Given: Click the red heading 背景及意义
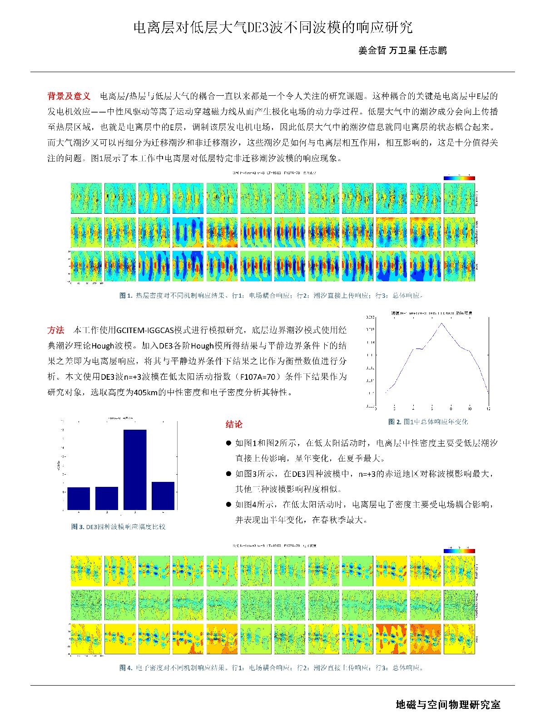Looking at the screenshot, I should coord(69,96).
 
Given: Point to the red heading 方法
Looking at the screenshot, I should coord(56,330).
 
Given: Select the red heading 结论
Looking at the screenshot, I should coord(234,424).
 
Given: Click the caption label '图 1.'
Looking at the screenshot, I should coord(126,295).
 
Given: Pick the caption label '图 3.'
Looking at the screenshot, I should coord(77,527).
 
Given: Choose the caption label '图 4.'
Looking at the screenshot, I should coord(126,667).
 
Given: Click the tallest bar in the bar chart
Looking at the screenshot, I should coord(135,470).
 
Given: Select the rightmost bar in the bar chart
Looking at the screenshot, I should coord(163,495).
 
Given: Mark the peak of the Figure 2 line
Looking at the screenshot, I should coord(441,323).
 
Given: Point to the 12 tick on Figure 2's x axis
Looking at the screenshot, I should coord(488,408).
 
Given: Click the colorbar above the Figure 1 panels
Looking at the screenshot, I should coord(459,178).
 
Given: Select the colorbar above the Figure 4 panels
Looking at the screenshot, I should coord(459,550).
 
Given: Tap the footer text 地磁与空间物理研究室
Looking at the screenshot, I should coord(448,705).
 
